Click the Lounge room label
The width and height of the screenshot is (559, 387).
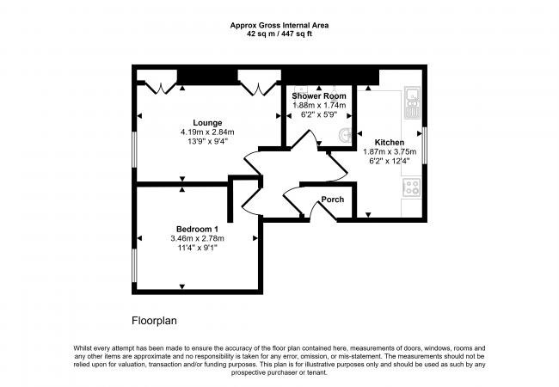[207, 123]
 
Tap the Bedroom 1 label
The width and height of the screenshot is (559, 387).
[197, 229]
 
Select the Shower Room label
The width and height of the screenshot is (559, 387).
[319, 95]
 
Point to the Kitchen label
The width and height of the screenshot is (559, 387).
[390, 143]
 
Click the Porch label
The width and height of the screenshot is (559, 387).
[333, 200]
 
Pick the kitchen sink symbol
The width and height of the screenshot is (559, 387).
[413, 102]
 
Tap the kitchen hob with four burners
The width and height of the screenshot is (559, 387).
[412, 187]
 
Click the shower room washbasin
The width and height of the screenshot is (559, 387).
[346, 135]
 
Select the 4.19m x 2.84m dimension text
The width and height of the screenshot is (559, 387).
[207, 132]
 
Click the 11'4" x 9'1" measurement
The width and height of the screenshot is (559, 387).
[198, 248]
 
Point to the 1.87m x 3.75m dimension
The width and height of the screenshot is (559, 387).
[390, 152]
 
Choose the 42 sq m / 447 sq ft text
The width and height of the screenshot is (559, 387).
[279, 34]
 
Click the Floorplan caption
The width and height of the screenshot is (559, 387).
[154, 321]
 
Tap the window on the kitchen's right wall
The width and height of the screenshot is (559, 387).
[424, 145]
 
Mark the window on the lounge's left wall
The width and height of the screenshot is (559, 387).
[134, 150]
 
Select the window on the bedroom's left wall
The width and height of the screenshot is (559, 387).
[134, 266]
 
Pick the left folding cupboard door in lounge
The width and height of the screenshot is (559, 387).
[161, 88]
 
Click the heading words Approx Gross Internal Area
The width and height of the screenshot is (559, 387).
[279, 25]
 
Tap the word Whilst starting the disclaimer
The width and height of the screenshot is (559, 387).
[82, 348]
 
